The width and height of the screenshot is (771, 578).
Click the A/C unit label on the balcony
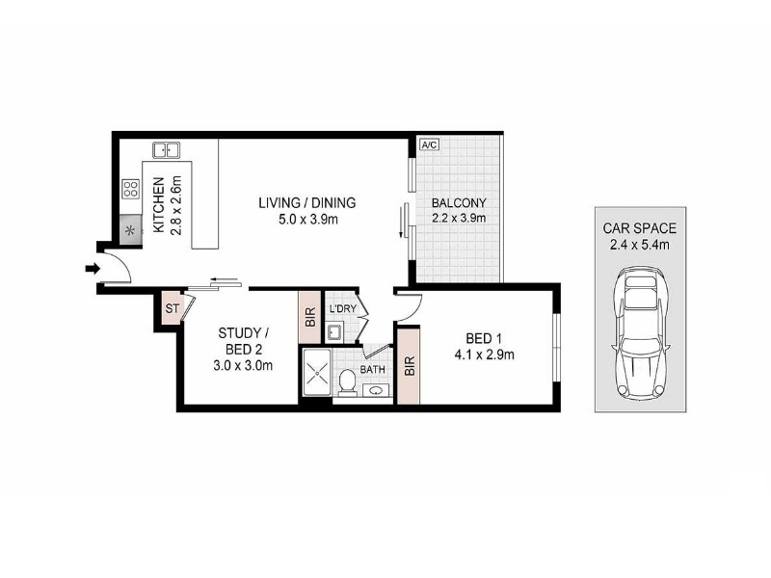coord(429,145)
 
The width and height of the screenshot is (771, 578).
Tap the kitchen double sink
coord(166,150)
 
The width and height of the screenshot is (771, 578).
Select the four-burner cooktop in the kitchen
coord(131,189)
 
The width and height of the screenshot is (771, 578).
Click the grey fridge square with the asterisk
coord(131,230)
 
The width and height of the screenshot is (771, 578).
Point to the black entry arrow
coord(93,269)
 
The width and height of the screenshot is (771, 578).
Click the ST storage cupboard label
coord(173,308)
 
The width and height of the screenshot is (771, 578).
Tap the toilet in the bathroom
coord(348,381)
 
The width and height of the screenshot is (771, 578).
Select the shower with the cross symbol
coord(317,373)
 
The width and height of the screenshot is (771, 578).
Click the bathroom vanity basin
coord(376,391)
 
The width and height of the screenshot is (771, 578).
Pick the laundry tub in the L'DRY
coord(334,333)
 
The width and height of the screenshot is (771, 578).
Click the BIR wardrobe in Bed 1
coord(409,366)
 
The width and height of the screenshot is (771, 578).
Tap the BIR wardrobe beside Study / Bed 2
coord(310,318)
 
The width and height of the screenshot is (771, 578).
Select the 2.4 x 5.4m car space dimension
coord(640,245)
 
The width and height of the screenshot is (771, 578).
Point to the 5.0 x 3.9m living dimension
coord(308,220)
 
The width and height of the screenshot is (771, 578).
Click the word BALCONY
coord(459,202)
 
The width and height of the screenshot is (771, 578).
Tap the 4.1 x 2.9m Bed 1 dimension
coord(485,355)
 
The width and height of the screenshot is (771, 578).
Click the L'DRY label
coord(343,309)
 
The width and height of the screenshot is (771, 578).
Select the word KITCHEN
coord(158,205)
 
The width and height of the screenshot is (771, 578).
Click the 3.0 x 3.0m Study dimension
coord(243,366)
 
